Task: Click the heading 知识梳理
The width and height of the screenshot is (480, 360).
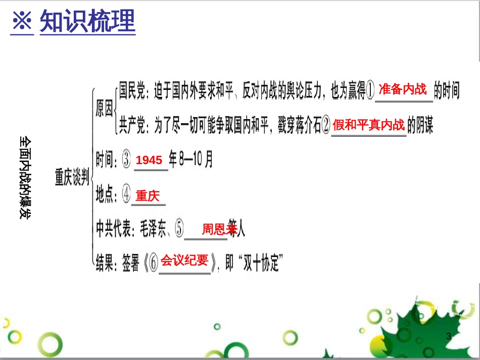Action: pos(87,22)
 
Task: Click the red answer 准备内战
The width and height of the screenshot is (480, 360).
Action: pos(403,90)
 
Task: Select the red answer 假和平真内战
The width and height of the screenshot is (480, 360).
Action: pos(369,125)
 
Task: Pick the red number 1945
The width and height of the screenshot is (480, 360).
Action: pos(150,160)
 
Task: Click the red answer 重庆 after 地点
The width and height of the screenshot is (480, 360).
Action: pos(148,195)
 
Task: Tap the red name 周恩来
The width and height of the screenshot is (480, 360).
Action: pos(219,230)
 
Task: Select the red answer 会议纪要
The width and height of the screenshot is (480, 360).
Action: pos(184,261)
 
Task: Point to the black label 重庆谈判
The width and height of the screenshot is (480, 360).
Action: pos(72,177)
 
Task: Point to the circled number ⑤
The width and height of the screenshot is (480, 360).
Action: pos(179,230)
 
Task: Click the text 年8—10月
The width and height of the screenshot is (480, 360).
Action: pos(190,160)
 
